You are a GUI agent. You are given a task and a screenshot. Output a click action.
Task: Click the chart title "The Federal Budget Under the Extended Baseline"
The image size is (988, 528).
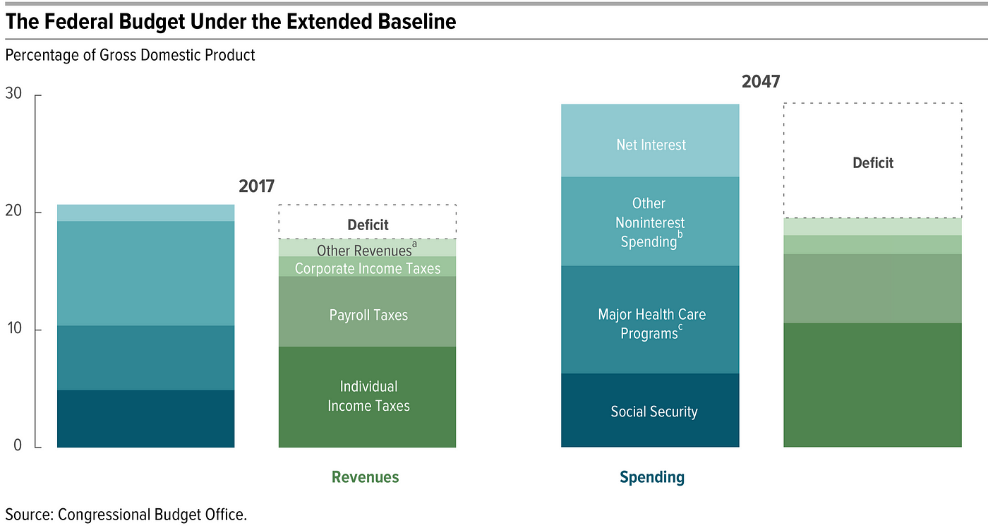(x=231, y=22)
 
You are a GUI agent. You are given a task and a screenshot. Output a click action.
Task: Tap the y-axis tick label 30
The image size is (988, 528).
(x=14, y=94)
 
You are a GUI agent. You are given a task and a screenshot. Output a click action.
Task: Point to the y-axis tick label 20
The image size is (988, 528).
(x=14, y=212)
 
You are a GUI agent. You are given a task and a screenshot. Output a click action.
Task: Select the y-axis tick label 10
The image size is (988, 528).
(x=14, y=330)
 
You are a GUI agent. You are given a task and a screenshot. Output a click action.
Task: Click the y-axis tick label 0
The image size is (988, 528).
(x=18, y=446)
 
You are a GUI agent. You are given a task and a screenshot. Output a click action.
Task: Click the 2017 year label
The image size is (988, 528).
(x=256, y=187)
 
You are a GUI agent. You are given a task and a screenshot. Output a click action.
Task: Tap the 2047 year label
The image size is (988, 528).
(x=761, y=82)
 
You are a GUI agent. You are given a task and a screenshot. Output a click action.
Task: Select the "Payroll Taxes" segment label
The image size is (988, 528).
(x=368, y=315)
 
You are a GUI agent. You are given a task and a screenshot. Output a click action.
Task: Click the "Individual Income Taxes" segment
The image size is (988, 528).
(x=368, y=396)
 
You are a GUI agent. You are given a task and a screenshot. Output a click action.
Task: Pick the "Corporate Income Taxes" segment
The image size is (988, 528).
(x=367, y=268)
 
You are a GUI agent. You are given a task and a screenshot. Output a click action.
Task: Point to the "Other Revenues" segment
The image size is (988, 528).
(x=367, y=250)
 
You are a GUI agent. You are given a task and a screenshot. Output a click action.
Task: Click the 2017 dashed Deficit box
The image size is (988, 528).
(x=368, y=222)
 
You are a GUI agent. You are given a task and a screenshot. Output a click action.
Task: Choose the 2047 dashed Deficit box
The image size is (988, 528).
(x=873, y=162)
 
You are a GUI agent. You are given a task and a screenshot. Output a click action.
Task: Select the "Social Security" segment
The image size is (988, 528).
(x=650, y=411)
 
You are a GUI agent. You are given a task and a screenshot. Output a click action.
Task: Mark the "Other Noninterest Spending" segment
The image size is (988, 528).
(x=650, y=222)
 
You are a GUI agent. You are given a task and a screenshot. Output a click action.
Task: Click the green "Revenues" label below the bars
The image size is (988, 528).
(x=366, y=477)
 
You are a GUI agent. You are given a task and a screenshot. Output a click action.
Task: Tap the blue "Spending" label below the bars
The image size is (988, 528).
(x=652, y=477)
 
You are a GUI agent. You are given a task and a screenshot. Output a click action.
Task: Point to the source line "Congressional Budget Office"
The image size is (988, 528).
(x=126, y=514)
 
